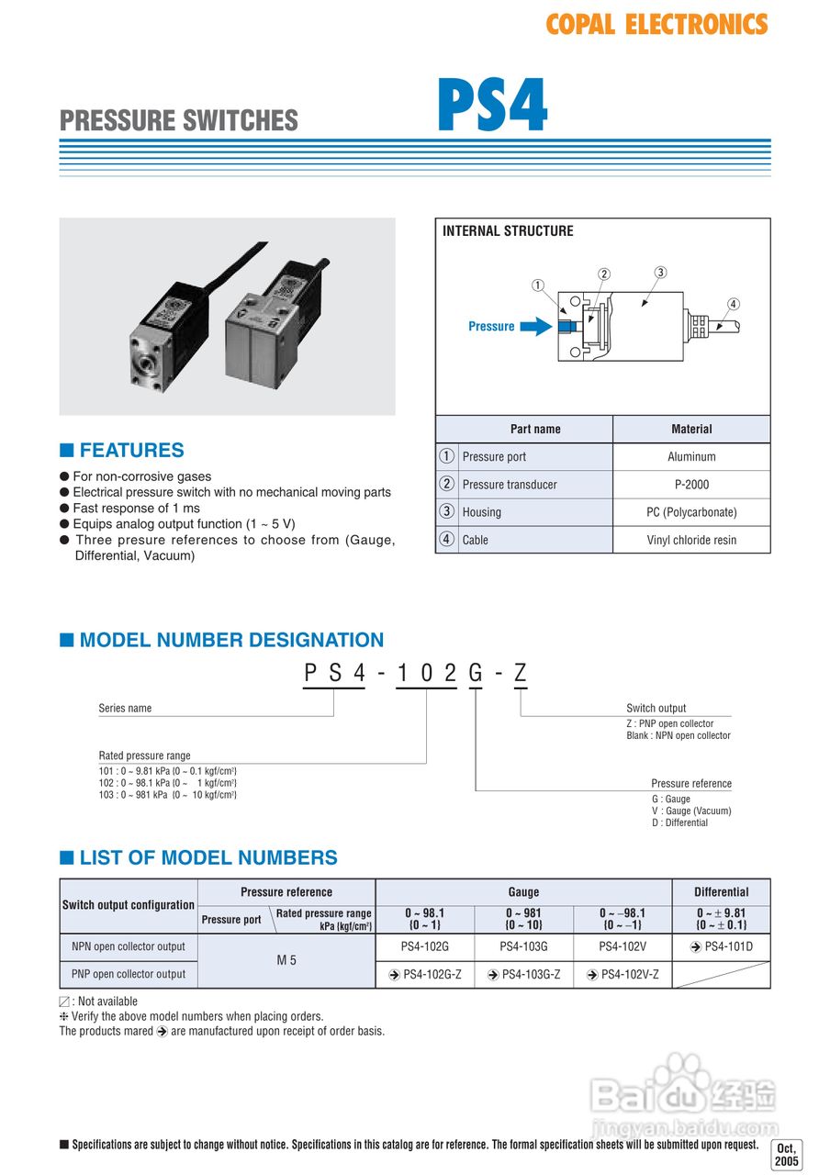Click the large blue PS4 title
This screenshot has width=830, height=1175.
(492, 106)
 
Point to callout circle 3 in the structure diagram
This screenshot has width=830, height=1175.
(660, 272)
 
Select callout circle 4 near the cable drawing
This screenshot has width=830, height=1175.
(733, 304)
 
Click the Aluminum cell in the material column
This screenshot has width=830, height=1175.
(691, 457)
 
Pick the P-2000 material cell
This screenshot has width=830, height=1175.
(691, 485)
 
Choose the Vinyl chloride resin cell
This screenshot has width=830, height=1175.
(691, 540)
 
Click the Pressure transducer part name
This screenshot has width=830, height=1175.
(510, 485)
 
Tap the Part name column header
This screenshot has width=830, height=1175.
(535, 429)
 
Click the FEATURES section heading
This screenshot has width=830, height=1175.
(131, 451)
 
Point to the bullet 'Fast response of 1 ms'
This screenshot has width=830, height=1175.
(136, 509)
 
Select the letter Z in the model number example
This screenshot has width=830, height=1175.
(521, 673)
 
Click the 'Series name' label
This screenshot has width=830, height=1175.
(125, 709)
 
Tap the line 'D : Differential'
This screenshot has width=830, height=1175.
(679, 822)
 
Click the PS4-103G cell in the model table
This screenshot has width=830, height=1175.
(523, 946)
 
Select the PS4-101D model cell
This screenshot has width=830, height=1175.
(722, 946)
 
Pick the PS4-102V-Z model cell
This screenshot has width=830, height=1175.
(622, 974)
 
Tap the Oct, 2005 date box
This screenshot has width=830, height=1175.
(787, 1155)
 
